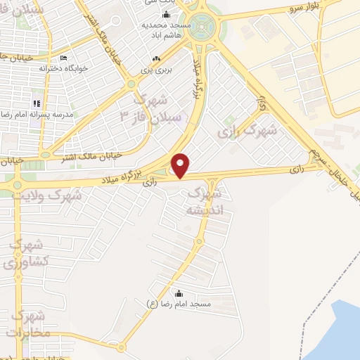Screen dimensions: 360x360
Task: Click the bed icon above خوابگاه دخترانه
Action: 63,58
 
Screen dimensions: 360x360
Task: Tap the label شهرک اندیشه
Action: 201,200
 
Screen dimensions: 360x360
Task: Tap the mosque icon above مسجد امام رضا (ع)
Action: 179,293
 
